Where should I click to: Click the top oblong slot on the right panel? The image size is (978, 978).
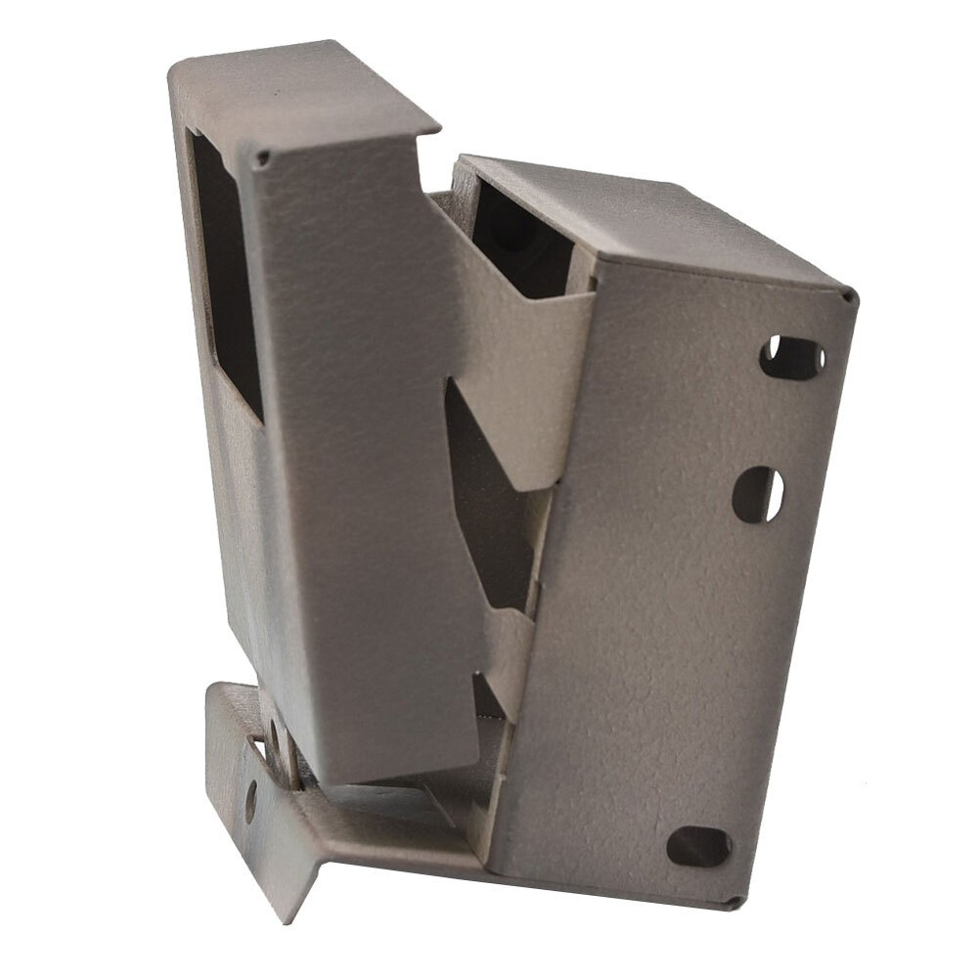(792, 358)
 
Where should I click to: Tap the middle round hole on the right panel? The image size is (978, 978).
(758, 494)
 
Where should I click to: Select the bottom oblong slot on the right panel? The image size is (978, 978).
(699, 846)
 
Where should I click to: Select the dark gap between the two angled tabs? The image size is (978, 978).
(489, 509)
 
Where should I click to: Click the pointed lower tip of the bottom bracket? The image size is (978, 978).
(284, 914)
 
